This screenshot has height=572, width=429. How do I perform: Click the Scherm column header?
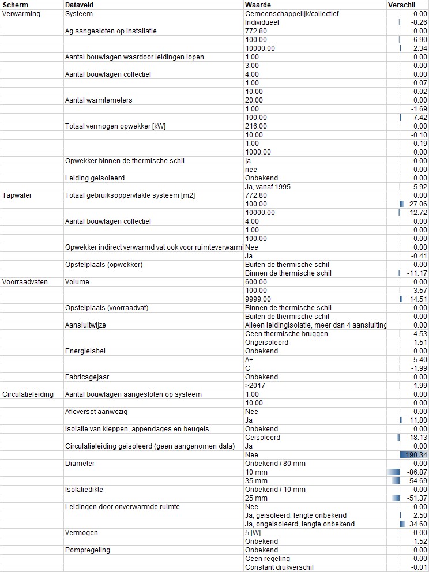[x=15, y=5]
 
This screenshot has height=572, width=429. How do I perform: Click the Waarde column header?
[x=258, y=5]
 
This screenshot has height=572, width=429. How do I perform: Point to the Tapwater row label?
[x=17, y=195]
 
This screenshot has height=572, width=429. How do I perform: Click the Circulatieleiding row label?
[x=28, y=394]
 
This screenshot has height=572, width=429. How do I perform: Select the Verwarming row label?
[x=21, y=13]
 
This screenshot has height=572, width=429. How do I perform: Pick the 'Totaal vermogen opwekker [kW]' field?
[x=115, y=126]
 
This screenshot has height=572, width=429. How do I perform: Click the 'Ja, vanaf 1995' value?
[x=268, y=187]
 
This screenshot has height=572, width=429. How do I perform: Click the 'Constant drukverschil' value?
[x=279, y=567]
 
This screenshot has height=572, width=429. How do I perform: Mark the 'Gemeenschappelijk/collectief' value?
[x=292, y=13]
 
